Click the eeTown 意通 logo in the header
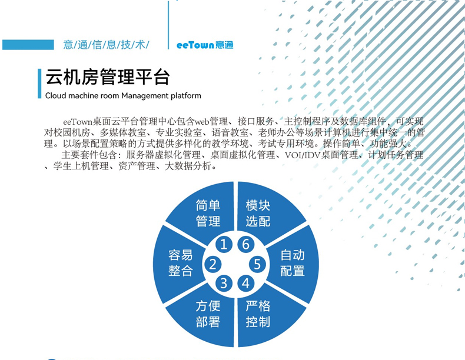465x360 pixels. click(205, 45)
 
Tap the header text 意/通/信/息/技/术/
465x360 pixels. click(106, 45)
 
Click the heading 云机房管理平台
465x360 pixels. click(107, 77)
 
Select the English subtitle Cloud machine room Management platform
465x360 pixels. click(123, 95)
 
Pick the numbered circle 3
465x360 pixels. click(224, 284)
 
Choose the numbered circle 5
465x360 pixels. click(257, 264)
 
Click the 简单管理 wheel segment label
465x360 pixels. click(208, 213)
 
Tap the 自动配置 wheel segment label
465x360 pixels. click(293, 263)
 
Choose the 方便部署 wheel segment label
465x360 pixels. click(208, 314)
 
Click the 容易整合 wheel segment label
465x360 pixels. click(181, 263)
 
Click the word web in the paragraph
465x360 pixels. click(204, 122)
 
